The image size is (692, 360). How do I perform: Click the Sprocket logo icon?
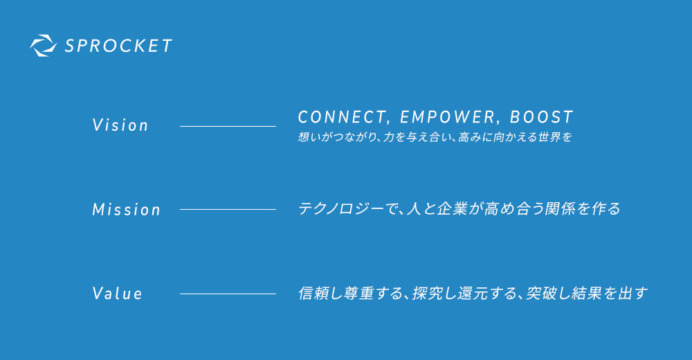(43, 46)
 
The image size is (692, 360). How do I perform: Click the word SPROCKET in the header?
(118, 46)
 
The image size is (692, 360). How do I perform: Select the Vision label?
(120, 125)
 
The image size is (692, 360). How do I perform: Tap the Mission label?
(126, 209)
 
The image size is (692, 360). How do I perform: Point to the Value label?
(117, 294)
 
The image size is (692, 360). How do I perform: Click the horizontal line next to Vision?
(228, 126)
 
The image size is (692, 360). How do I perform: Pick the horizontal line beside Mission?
(228, 209)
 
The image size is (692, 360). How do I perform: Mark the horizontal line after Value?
(228, 294)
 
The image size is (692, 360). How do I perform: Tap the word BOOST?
(542, 117)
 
